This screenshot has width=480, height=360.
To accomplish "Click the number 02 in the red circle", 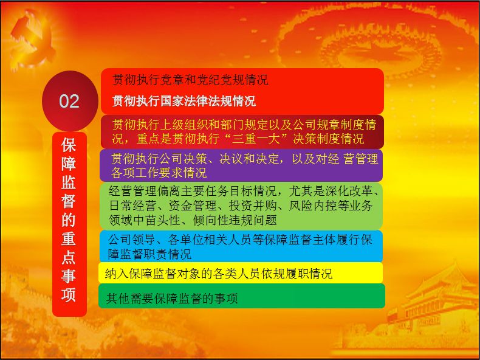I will tap(69, 101).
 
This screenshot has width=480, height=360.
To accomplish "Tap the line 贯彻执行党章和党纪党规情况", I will tap(190, 80).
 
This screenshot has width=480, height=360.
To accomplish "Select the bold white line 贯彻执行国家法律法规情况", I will tap(183, 101).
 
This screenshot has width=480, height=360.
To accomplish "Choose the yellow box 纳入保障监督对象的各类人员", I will tap(241, 273).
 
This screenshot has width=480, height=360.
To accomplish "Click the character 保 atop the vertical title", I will tap(69, 146).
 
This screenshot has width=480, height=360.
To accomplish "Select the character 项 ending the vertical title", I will tap(69, 294).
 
